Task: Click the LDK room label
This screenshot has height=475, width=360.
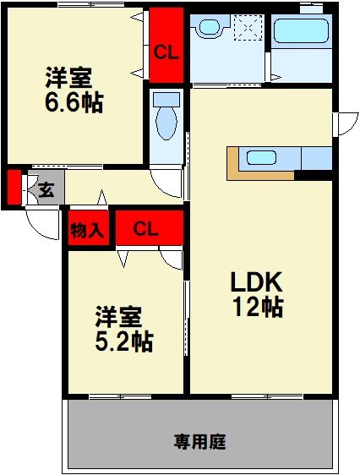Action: [x=257, y=282]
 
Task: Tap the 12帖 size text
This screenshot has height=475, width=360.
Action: [x=257, y=308]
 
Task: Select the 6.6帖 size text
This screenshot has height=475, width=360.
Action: [x=74, y=103]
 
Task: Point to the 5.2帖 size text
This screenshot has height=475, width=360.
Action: [x=123, y=342]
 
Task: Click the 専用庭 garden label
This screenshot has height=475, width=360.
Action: [x=200, y=440]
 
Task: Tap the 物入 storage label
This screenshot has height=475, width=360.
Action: [x=87, y=229]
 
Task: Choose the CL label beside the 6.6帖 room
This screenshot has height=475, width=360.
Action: [x=166, y=51]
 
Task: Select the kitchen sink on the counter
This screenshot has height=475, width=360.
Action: [x=262, y=157]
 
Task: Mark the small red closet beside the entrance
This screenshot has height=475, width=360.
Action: [x=14, y=188]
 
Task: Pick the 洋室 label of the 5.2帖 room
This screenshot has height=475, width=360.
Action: [x=118, y=318]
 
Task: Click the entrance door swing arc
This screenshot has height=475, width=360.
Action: [x=38, y=221]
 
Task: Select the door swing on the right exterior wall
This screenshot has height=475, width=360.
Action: [x=344, y=123]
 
